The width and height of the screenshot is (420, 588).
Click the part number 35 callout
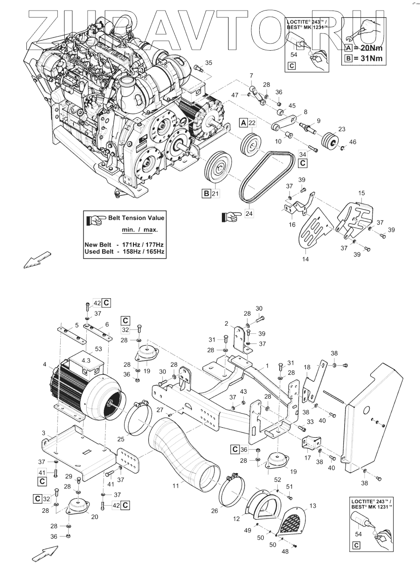(209, 63)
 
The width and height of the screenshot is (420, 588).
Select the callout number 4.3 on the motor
(85, 360)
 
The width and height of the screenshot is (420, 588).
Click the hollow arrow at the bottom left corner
(45, 553)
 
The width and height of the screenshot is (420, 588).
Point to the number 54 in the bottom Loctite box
(358, 534)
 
